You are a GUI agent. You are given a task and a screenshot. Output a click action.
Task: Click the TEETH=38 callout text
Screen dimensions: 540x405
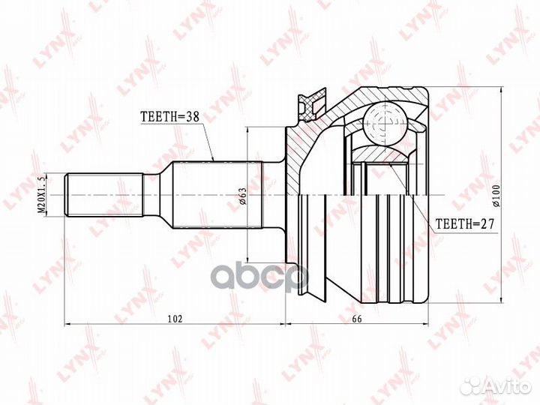pyautogui.click(x=170, y=117)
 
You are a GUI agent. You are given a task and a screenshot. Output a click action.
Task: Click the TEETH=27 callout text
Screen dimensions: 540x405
pyautogui.click(x=465, y=224)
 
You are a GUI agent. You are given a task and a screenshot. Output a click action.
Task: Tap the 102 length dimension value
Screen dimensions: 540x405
pyautogui.click(x=175, y=319)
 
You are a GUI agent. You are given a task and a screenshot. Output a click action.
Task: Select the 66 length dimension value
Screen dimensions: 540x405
pyautogui.click(x=357, y=319)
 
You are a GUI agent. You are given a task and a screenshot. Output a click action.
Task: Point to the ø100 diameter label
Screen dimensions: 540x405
pyautogui.click(x=496, y=196)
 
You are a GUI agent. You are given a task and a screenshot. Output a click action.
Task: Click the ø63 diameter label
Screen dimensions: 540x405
pyautogui.click(x=243, y=196)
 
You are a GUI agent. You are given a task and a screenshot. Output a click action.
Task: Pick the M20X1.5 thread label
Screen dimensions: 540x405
pyautogui.click(x=42, y=196)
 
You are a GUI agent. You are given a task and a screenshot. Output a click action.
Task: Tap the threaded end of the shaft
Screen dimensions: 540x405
pyautogui.click(x=103, y=195)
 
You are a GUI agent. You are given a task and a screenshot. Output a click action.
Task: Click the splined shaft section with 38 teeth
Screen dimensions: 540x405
pyautogui.click(x=217, y=195)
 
